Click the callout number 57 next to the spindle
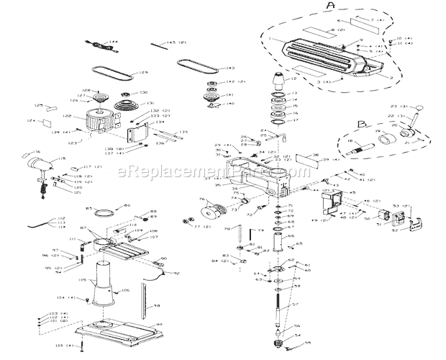coord(295,305)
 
